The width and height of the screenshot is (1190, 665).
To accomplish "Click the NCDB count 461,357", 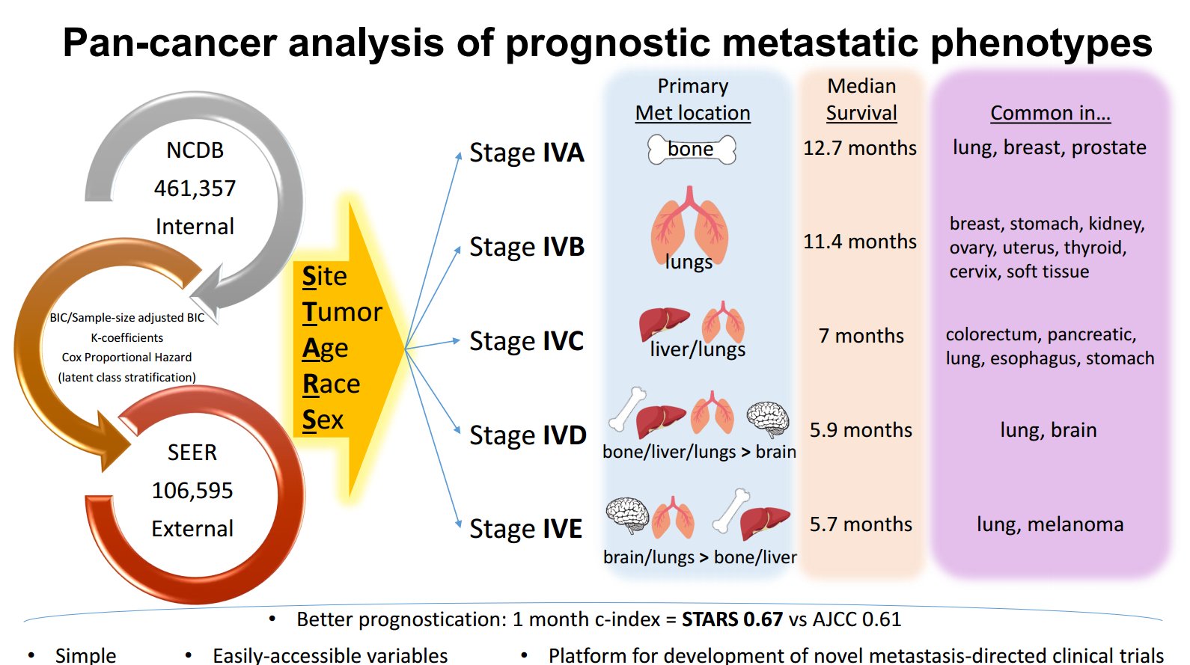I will pyautogui.click(x=195, y=189).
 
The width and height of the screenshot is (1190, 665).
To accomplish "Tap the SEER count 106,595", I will pyautogui.click(x=192, y=491).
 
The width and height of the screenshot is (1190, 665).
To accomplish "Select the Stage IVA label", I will pyautogui.click(x=526, y=153).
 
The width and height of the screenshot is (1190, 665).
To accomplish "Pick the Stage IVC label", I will pyautogui.click(x=526, y=341).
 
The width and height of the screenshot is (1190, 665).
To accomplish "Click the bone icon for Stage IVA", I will pyautogui.click(x=692, y=150).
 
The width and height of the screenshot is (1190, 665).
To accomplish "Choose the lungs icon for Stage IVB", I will pyautogui.click(x=689, y=224).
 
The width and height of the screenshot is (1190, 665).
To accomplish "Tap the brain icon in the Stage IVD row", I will pyautogui.click(x=768, y=418).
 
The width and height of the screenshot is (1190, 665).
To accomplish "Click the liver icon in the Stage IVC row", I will pyautogui.click(x=664, y=323).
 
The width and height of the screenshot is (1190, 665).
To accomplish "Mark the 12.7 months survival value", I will pyautogui.click(x=860, y=148).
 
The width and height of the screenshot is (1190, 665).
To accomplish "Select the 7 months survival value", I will pyautogui.click(x=861, y=336).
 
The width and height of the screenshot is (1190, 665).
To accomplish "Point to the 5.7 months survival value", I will pyautogui.click(x=861, y=524).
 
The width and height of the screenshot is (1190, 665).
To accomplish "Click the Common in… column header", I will pyautogui.click(x=1050, y=113).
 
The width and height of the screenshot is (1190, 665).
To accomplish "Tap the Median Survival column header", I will pyautogui.click(x=861, y=99).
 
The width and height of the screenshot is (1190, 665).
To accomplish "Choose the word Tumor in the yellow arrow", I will pyautogui.click(x=342, y=312).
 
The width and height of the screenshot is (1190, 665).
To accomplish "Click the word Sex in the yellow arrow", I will pyautogui.click(x=323, y=420).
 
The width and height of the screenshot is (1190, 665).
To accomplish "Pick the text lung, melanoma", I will pyautogui.click(x=1049, y=524).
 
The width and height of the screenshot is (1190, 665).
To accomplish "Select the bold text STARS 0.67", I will pyautogui.click(x=732, y=619).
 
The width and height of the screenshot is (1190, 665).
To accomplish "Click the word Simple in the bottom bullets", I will pyautogui.click(x=85, y=655).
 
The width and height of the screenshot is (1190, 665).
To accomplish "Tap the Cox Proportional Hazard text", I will pyautogui.click(x=126, y=358).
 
